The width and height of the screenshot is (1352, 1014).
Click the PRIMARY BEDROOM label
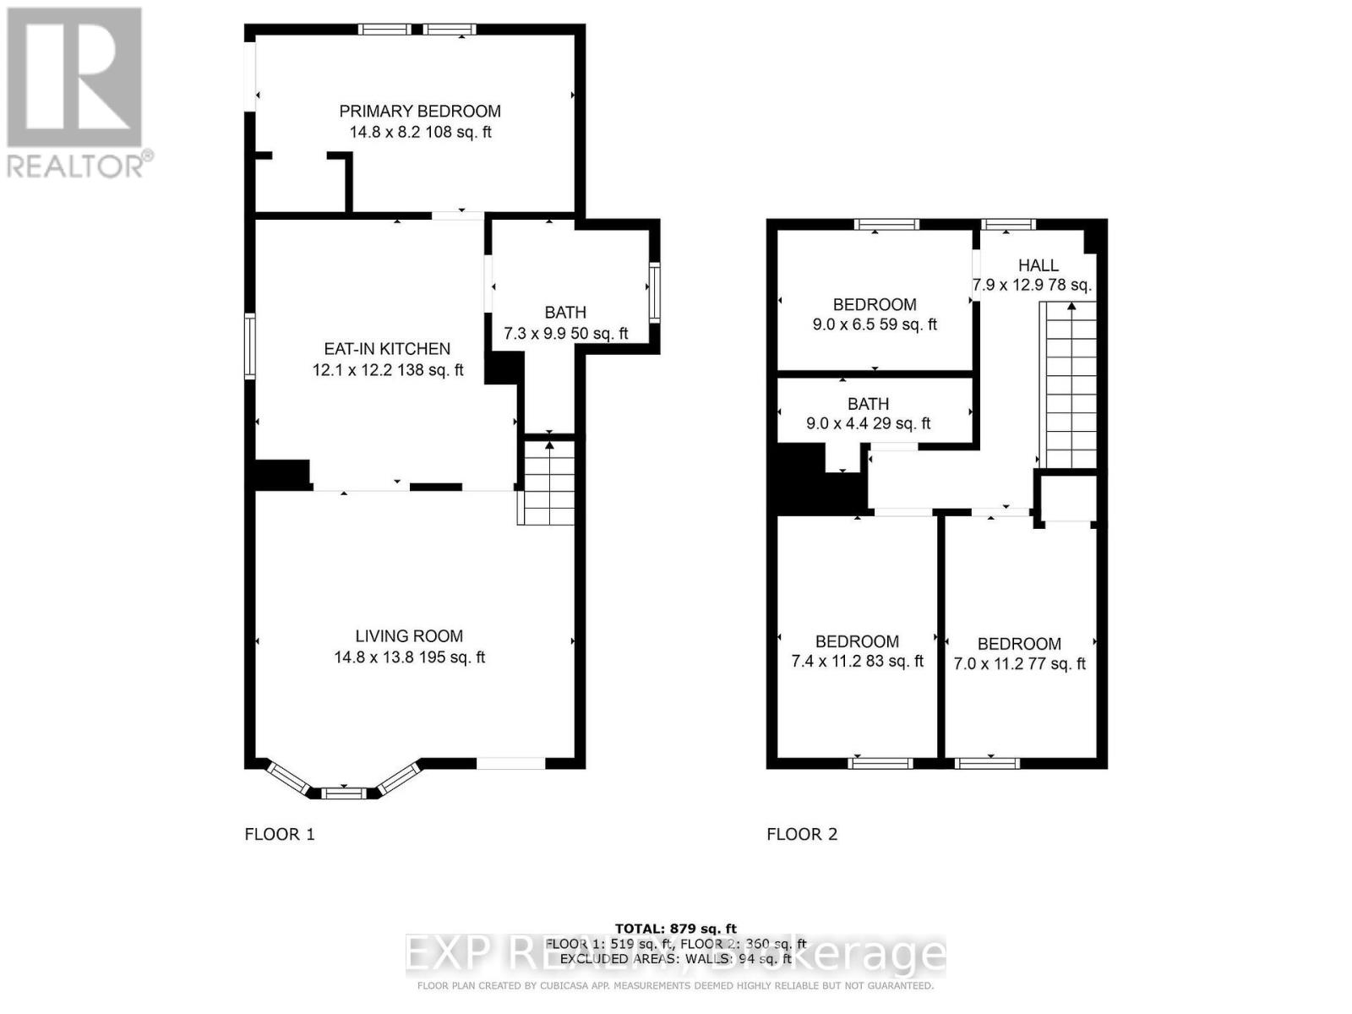pyautogui.click(x=420, y=112)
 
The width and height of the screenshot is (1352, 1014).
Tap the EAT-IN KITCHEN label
pyautogui.click(x=387, y=349)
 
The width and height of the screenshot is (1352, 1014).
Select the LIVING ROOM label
pyautogui.click(x=409, y=636)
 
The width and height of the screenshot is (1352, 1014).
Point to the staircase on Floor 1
pyautogui.click(x=548, y=482)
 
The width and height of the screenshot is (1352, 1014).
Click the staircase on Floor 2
pyautogui.click(x=1071, y=384)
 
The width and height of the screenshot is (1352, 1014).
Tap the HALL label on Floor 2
pyautogui.click(x=1038, y=265)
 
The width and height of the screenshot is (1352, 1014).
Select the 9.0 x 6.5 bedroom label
pyautogui.click(x=875, y=305)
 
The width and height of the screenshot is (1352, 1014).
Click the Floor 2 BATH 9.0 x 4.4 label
pyautogui.click(x=868, y=405)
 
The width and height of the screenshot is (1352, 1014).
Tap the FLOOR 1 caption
pyautogui.click(x=280, y=835)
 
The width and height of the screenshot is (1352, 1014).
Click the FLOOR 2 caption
pyautogui.click(x=802, y=835)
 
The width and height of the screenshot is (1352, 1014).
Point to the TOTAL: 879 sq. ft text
pyautogui.click(x=675, y=929)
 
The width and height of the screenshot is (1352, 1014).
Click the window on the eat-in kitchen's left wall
pyautogui.click(x=250, y=346)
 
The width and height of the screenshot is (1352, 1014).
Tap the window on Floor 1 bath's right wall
pyautogui.click(x=654, y=292)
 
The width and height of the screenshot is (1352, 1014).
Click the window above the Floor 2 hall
pyautogui.click(x=1008, y=225)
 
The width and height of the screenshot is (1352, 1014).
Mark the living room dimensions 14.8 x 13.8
pyautogui.click(x=409, y=657)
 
